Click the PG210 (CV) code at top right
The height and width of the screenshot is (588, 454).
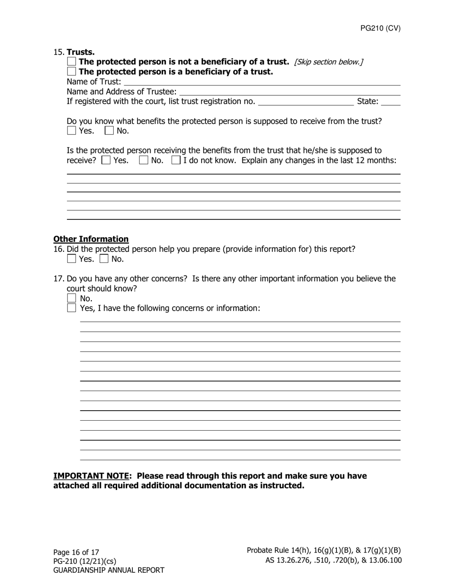(x=380, y=28)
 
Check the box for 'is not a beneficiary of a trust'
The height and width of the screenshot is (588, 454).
(x=72, y=62)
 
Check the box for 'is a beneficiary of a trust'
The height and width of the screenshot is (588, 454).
(x=72, y=72)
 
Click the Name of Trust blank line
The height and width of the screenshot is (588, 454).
(x=261, y=82)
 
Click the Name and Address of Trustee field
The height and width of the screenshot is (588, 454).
(x=289, y=92)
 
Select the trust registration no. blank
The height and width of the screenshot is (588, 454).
(x=305, y=101)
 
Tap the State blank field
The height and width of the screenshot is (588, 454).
(x=391, y=101)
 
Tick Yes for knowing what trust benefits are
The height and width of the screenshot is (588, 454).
(x=72, y=131)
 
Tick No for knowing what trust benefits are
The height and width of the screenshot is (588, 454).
(x=109, y=131)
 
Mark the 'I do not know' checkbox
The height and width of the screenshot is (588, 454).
(x=176, y=160)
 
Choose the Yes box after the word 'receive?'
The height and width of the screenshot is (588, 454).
(x=106, y=160)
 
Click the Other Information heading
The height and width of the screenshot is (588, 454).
(x=91, y=239)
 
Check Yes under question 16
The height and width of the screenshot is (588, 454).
(x=72, y=259)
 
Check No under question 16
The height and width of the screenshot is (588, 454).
(x=104, y=259)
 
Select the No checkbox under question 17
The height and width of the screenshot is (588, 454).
(x=72, y=299)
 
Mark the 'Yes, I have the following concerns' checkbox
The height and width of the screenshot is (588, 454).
(x=72, y=308)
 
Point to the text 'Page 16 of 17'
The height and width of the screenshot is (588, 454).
(x=76, y=552)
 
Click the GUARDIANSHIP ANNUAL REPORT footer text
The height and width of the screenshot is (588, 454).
(x=108, y=570)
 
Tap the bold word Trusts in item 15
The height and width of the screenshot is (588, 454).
(x=81, y=52)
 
